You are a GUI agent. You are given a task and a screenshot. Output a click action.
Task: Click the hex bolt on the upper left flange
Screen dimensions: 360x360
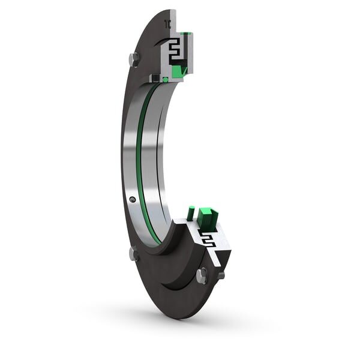pos(133,59)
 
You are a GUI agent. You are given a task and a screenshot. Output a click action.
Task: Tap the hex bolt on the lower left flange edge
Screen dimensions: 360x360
pos(134,254)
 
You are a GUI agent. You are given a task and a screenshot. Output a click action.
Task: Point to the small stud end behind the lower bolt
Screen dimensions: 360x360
pos(221,275)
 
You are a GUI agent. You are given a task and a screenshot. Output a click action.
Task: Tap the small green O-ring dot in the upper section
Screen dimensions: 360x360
pos(165,80)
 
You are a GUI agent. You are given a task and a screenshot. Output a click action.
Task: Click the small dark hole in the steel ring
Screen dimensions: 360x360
pos(132,199)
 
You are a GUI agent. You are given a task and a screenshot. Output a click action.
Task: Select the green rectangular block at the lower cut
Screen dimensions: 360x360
pos(207,218)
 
